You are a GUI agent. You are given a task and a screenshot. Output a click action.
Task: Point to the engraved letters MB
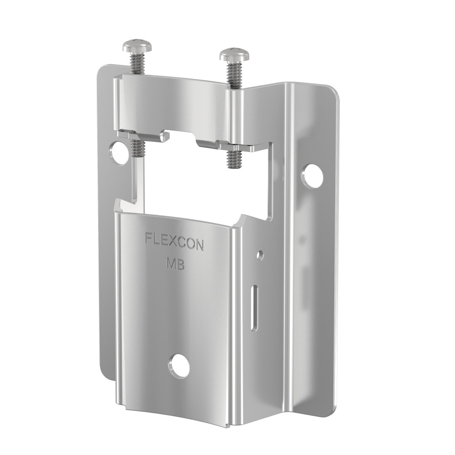(175, 264)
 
